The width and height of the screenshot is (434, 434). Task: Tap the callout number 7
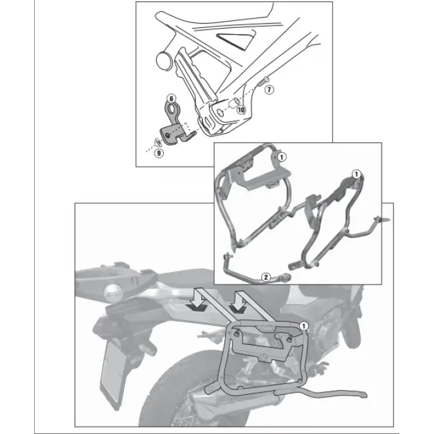(x=268, y=90)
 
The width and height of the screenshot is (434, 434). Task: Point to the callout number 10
(x=241, y=110)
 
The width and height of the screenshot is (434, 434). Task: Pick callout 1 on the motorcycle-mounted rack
(x=304, y=324)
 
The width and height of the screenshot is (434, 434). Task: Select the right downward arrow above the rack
(x=237, y=306)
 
